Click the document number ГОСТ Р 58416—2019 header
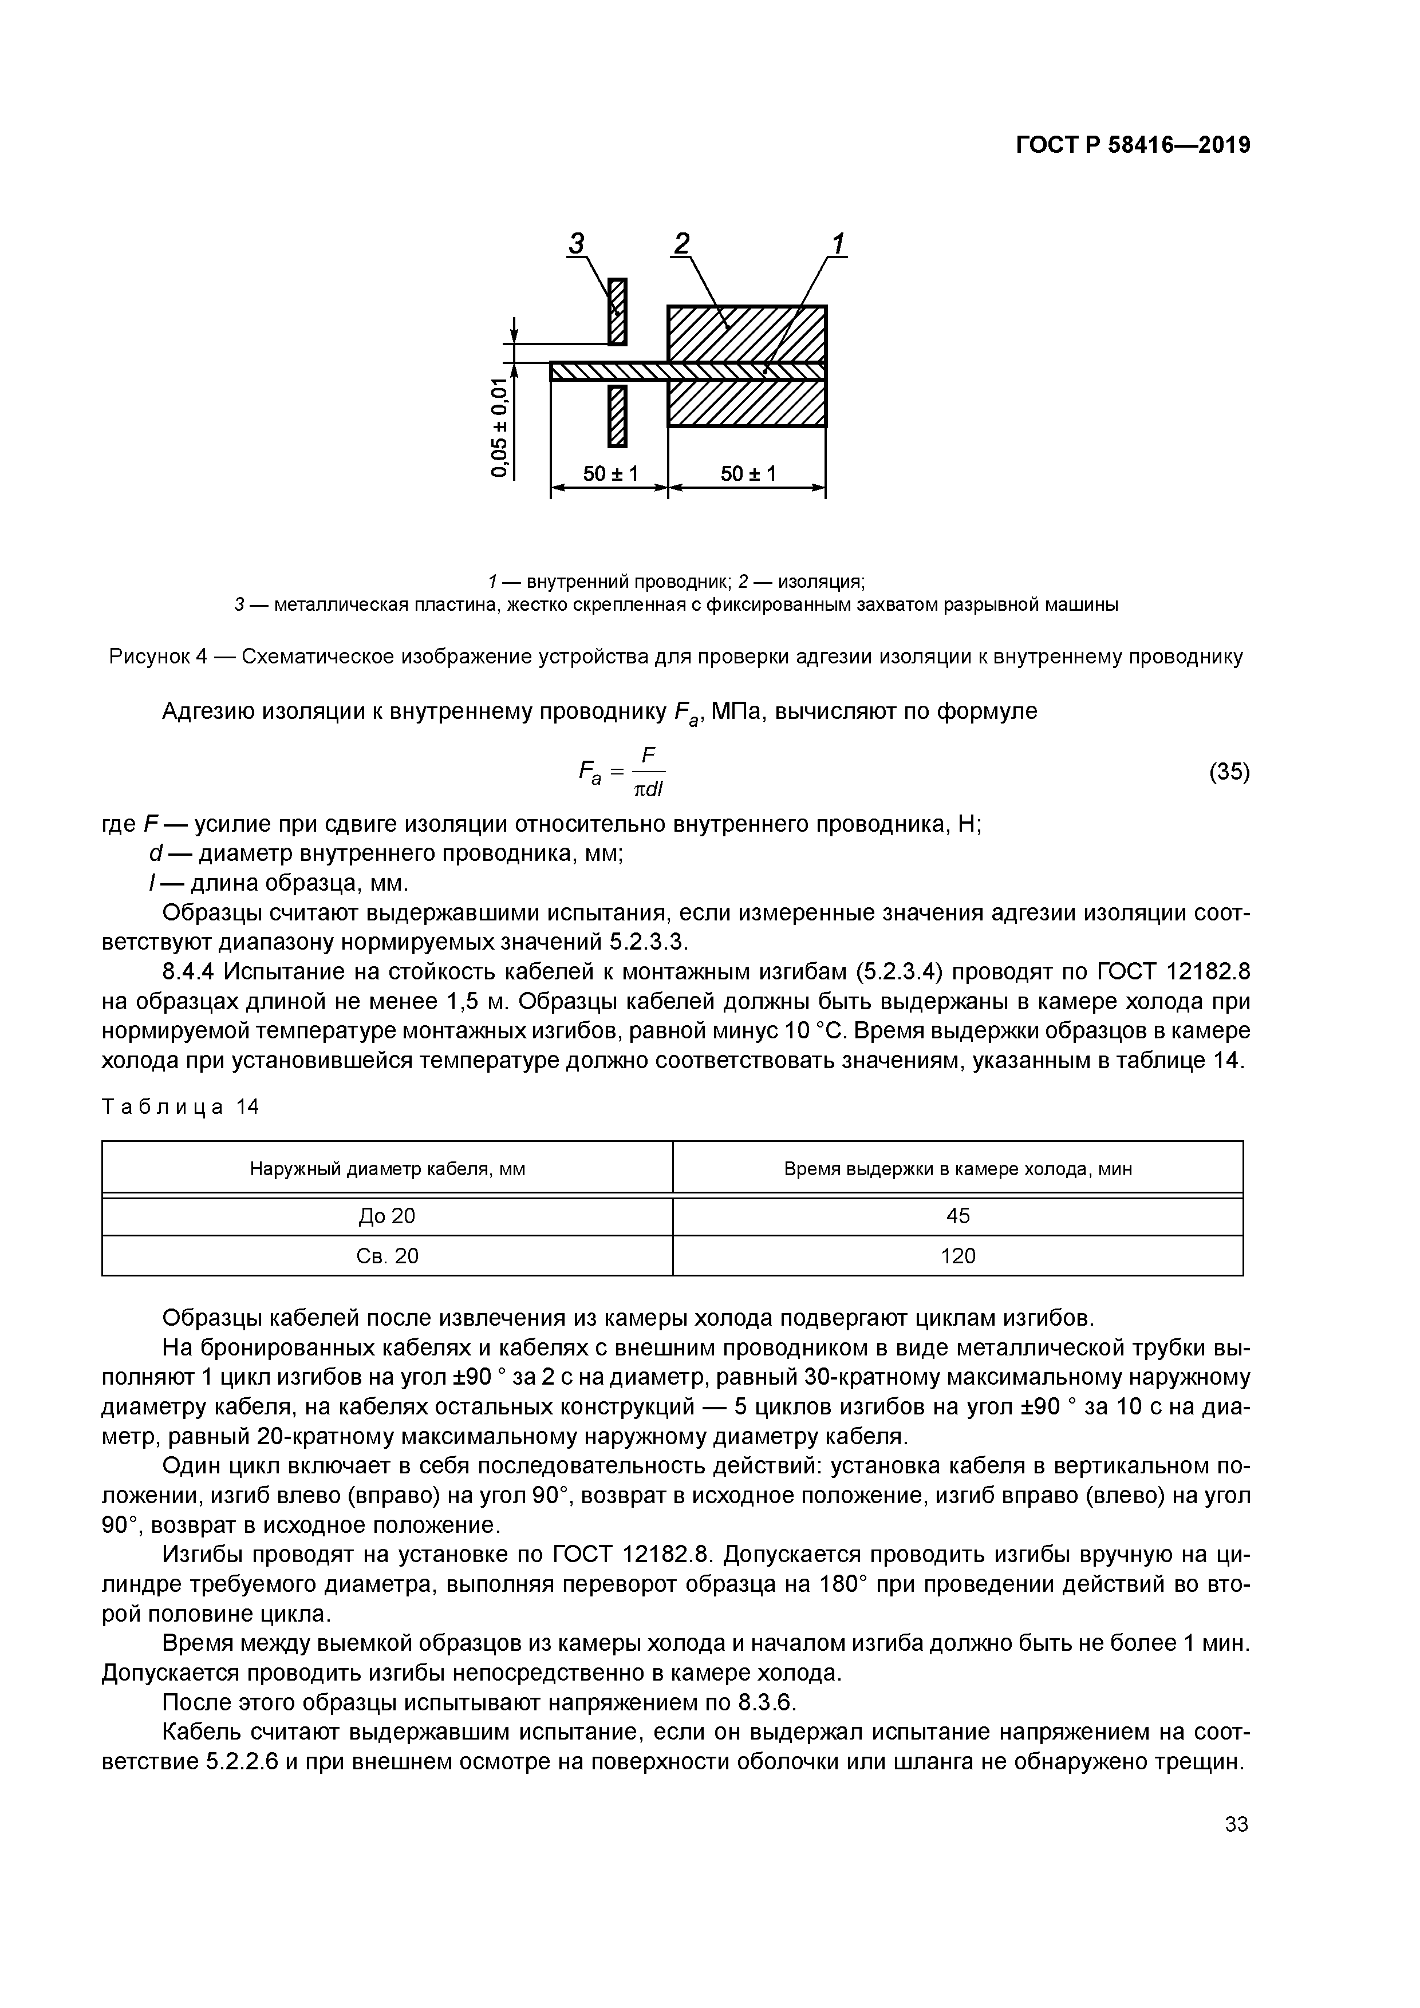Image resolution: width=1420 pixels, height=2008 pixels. [x=1133, y=145]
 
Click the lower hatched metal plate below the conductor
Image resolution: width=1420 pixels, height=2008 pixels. [x=618, y=416]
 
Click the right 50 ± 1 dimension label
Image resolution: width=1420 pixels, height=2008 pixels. [x=748, y=473]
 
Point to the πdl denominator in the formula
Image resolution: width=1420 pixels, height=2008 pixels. [x=648, y=790]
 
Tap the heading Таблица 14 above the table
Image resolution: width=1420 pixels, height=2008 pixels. [x=180, y=1107]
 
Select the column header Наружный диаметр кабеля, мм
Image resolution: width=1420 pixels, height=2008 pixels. [x=388, y=1168]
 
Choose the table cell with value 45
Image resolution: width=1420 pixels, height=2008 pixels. [x=957, y=1216]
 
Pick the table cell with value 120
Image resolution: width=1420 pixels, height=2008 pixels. [x=957, y=1256]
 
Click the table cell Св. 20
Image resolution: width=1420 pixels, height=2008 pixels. [x=388, y=1256]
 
